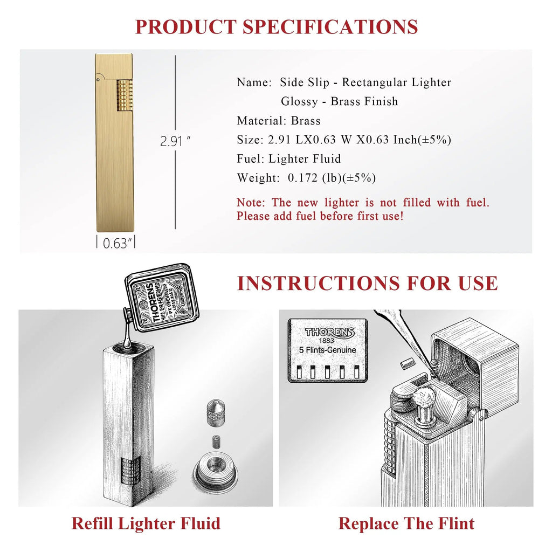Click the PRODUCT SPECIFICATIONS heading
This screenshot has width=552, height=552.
pos(276,26)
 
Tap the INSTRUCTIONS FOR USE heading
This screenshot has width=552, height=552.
pos(367,283)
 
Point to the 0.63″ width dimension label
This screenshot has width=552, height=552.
pos(115,243)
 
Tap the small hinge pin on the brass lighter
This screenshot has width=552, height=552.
pos(98,80)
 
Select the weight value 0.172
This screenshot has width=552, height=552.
pos(304,178)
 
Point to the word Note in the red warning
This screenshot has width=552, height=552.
pos(250,203)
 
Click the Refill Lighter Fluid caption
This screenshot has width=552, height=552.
pos(146,523)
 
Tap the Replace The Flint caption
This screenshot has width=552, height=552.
pos(406,523)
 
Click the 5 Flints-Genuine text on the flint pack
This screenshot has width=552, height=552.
pos(327,350)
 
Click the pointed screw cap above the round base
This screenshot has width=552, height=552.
pos(216,412)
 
